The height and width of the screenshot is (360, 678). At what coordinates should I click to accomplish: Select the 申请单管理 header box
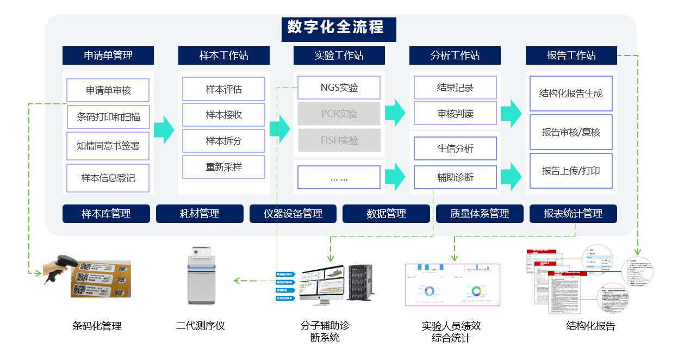coord(108,55)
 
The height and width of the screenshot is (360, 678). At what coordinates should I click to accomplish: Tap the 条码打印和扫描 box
coord(108,117)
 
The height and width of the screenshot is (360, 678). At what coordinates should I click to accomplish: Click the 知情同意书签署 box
coord(108,146)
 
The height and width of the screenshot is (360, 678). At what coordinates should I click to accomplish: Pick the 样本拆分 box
coord(223,141)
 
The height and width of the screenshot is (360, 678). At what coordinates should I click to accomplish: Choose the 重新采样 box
coord(223,167)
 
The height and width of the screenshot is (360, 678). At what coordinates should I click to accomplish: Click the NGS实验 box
coord(339,88)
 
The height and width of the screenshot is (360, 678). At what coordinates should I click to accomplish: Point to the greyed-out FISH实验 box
coord(339,140)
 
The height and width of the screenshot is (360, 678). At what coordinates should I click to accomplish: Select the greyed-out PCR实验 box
coord(339,114)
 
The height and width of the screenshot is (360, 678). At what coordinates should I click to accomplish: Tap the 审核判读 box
coord(455,114)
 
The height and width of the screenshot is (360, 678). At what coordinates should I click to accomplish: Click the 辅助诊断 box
coord(455,177)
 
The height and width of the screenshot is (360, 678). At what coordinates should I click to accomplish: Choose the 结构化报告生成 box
coord(571,94)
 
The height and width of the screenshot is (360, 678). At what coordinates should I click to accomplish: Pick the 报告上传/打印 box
coord(571,171)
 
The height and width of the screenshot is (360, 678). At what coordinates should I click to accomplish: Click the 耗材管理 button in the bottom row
coord(200,214)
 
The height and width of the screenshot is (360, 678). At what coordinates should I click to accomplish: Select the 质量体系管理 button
coord(480,214)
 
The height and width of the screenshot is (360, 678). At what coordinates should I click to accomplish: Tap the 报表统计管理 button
coord(573,214)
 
